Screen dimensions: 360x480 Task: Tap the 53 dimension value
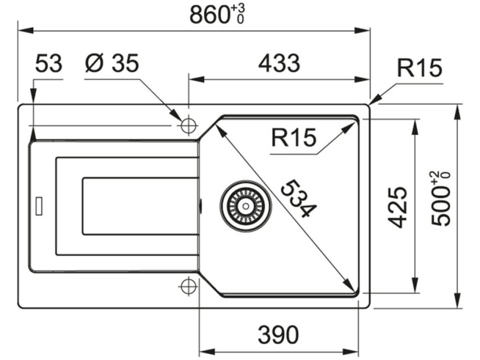[48, 63]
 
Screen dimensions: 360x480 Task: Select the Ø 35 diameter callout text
[112, 63]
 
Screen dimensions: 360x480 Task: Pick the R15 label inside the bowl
[293, 138]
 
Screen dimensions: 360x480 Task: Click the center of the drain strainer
[245, 206]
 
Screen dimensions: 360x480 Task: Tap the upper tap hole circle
[188, 125]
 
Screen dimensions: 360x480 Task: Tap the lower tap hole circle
[187, 286]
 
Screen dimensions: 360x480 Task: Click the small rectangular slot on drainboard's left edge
[39, 205]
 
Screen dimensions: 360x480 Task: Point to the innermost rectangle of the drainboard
[139, 206]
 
